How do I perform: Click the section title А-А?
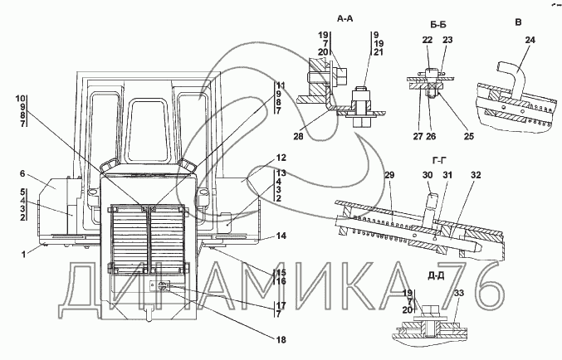(345, 18)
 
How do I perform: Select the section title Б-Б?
(438, 25)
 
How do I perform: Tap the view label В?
(518, 22)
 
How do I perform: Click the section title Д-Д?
(436, 276)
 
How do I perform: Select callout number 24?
(530, 40)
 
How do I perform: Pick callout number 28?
(298, 136)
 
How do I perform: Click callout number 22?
(428, 40)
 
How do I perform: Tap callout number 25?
(468, 136)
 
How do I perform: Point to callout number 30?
(428, 175)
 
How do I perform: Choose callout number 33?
(459, 293)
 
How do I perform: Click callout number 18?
(281, 339)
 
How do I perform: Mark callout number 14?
(281, 236)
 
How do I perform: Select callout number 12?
(281, 158)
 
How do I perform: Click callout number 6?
(22, 173)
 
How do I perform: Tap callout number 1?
(23, 255)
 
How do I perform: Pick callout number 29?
(389, 175)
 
